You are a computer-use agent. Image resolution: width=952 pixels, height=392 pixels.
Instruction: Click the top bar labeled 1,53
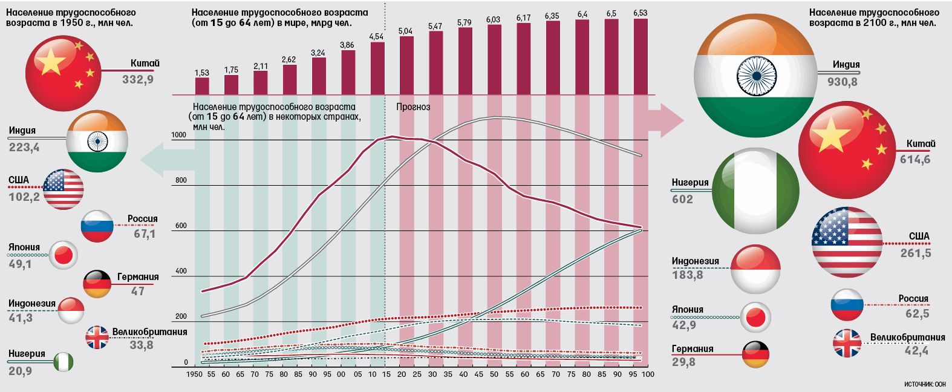(202, 86)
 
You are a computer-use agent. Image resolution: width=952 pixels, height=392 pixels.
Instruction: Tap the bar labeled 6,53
(641, 56)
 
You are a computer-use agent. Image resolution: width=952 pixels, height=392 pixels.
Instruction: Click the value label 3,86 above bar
(347, 45)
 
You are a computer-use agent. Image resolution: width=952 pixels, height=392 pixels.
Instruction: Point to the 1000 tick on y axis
(179, 136)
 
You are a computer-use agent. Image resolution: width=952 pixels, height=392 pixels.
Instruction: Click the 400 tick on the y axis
(181, 271)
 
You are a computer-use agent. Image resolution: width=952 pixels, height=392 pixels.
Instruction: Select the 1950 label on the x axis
(194, 374)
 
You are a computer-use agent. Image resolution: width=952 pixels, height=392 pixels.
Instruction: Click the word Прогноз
(413, 107)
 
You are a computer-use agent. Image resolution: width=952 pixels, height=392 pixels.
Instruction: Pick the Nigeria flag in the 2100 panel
(755, 191)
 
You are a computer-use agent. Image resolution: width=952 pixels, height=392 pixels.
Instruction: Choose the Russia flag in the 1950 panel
(97, 226)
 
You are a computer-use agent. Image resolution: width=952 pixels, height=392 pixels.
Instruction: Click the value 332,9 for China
(138, 79)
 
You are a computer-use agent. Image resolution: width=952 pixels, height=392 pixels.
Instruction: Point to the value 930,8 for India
(843, 82)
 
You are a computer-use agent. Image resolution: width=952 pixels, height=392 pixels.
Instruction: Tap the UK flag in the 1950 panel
(97, 338)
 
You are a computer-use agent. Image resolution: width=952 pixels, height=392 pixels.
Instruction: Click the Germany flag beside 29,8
(755, 354)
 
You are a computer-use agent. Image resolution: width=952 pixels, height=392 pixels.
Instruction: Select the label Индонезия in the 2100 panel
(696, 261)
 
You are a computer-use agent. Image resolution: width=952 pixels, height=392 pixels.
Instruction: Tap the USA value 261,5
(916, 253)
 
